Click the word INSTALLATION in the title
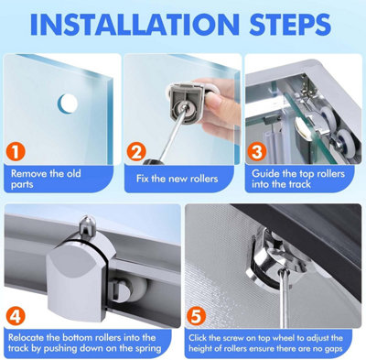coord(135,24)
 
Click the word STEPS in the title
coord(290,24)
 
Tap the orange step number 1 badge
coord(15,151)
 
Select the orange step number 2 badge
coord(136,151)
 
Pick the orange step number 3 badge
coord(256,151)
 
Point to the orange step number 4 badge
coord(16,317)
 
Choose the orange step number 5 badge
coord(196,317)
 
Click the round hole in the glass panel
coord(68,104)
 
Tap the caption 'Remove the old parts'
coord(46,179)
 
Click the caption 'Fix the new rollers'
coord(177,179)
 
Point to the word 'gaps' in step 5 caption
coord(332,349)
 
